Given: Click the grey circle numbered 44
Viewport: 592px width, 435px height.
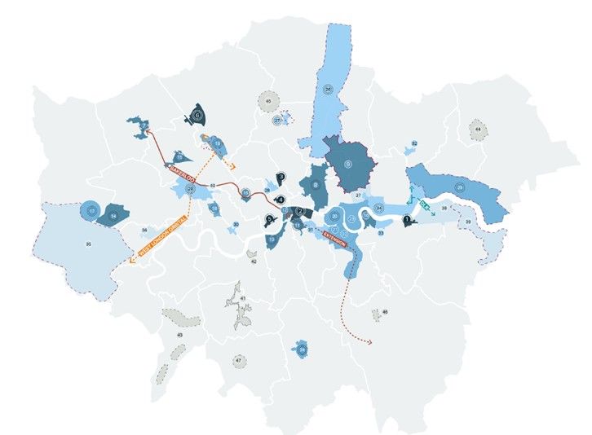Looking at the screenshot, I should (476, 129).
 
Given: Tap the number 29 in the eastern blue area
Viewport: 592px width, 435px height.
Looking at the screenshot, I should (461, 188).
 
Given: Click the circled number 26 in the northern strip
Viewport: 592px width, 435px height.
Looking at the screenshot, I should (328, 88).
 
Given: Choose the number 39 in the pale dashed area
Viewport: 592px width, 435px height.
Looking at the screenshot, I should (468, 222).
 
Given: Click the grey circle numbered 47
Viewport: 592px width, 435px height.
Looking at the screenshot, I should (238, 359).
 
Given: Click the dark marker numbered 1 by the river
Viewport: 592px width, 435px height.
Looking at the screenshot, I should (408, 219).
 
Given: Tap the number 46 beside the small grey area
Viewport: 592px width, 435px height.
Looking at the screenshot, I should (385, 312).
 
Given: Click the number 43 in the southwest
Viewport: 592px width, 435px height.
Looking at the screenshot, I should (180, 336).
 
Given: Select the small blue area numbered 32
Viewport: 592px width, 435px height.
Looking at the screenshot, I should (414, 144).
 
